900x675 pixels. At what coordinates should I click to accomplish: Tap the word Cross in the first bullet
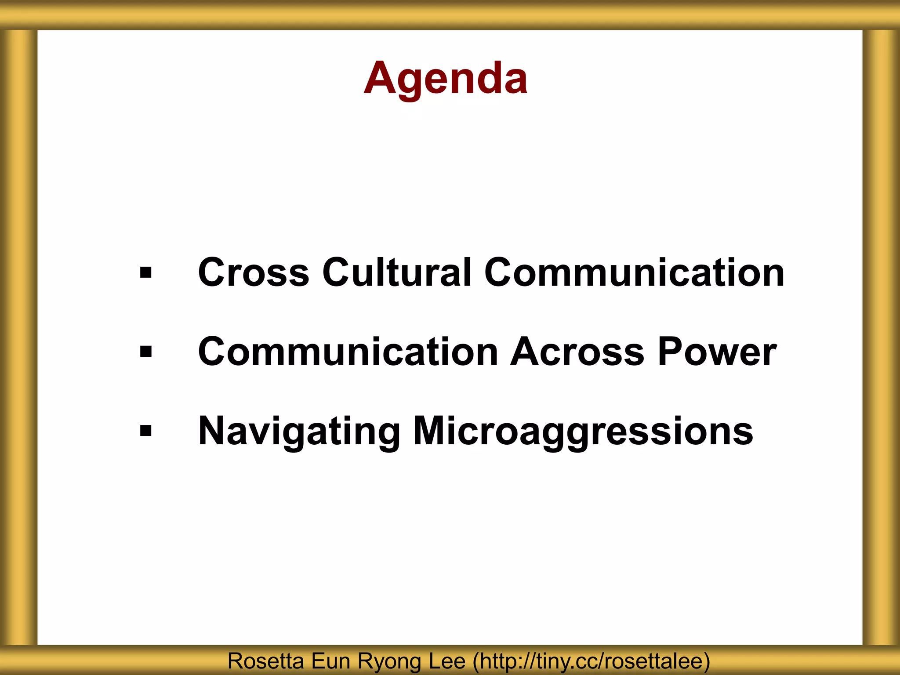(254, 272)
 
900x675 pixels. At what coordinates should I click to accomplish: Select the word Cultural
(397, 272)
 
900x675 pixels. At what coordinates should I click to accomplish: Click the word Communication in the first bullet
(634, 272)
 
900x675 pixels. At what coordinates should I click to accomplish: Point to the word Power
(717, 352)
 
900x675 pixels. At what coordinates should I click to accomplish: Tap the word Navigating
(299, 432)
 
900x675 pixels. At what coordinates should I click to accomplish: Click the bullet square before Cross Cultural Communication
(145, 273)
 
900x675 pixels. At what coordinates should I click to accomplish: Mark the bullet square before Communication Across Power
(145, 352)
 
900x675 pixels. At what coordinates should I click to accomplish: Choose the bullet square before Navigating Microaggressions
(145, 431)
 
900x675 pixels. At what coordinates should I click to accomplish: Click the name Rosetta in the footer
(265, 661)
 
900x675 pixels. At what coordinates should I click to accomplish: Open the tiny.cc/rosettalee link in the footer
(592, 661)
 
